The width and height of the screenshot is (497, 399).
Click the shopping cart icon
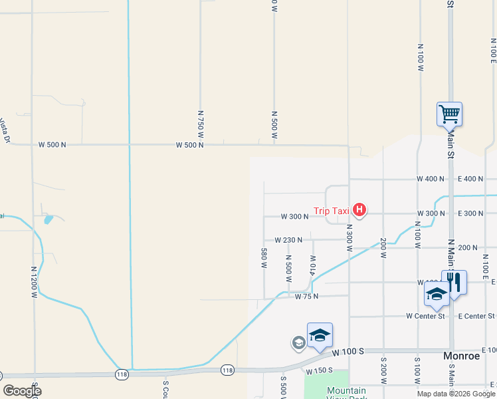449,114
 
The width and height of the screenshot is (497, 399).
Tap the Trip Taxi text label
332,211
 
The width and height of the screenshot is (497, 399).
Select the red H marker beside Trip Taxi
359,211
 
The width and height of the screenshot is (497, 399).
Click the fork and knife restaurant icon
454,281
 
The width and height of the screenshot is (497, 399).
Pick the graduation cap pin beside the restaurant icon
437,294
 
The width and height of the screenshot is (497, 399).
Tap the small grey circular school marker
298,342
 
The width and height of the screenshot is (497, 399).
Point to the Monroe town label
461,356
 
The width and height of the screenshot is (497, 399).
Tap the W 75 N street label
307,297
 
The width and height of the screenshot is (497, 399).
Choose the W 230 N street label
288,240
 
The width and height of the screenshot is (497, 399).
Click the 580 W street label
264,258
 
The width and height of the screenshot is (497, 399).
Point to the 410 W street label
312,265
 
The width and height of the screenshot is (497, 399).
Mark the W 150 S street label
319,370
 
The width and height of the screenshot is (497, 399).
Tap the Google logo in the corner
21,391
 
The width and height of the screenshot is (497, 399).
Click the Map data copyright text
455,394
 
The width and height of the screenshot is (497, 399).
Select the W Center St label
425,316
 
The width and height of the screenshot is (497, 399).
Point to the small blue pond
47,219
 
